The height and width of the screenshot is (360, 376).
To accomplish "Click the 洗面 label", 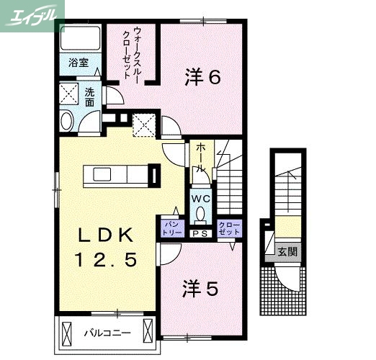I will point(90,97).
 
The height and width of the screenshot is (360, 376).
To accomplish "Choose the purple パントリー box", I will point(171,229).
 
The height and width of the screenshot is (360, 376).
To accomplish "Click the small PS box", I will point(200,233).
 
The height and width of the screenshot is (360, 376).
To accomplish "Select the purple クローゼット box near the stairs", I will point(228,229).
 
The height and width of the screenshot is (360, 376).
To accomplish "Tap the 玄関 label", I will point(287,252).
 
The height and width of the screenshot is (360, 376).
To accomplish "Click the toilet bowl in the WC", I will point(200,213).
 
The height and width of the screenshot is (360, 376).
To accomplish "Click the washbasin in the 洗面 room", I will point(67,121).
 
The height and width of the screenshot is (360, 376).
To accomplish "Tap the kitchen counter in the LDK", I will point(115,176).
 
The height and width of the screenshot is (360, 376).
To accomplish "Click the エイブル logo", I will point(33,14).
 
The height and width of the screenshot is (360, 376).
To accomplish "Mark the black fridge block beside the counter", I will point(153,175).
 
